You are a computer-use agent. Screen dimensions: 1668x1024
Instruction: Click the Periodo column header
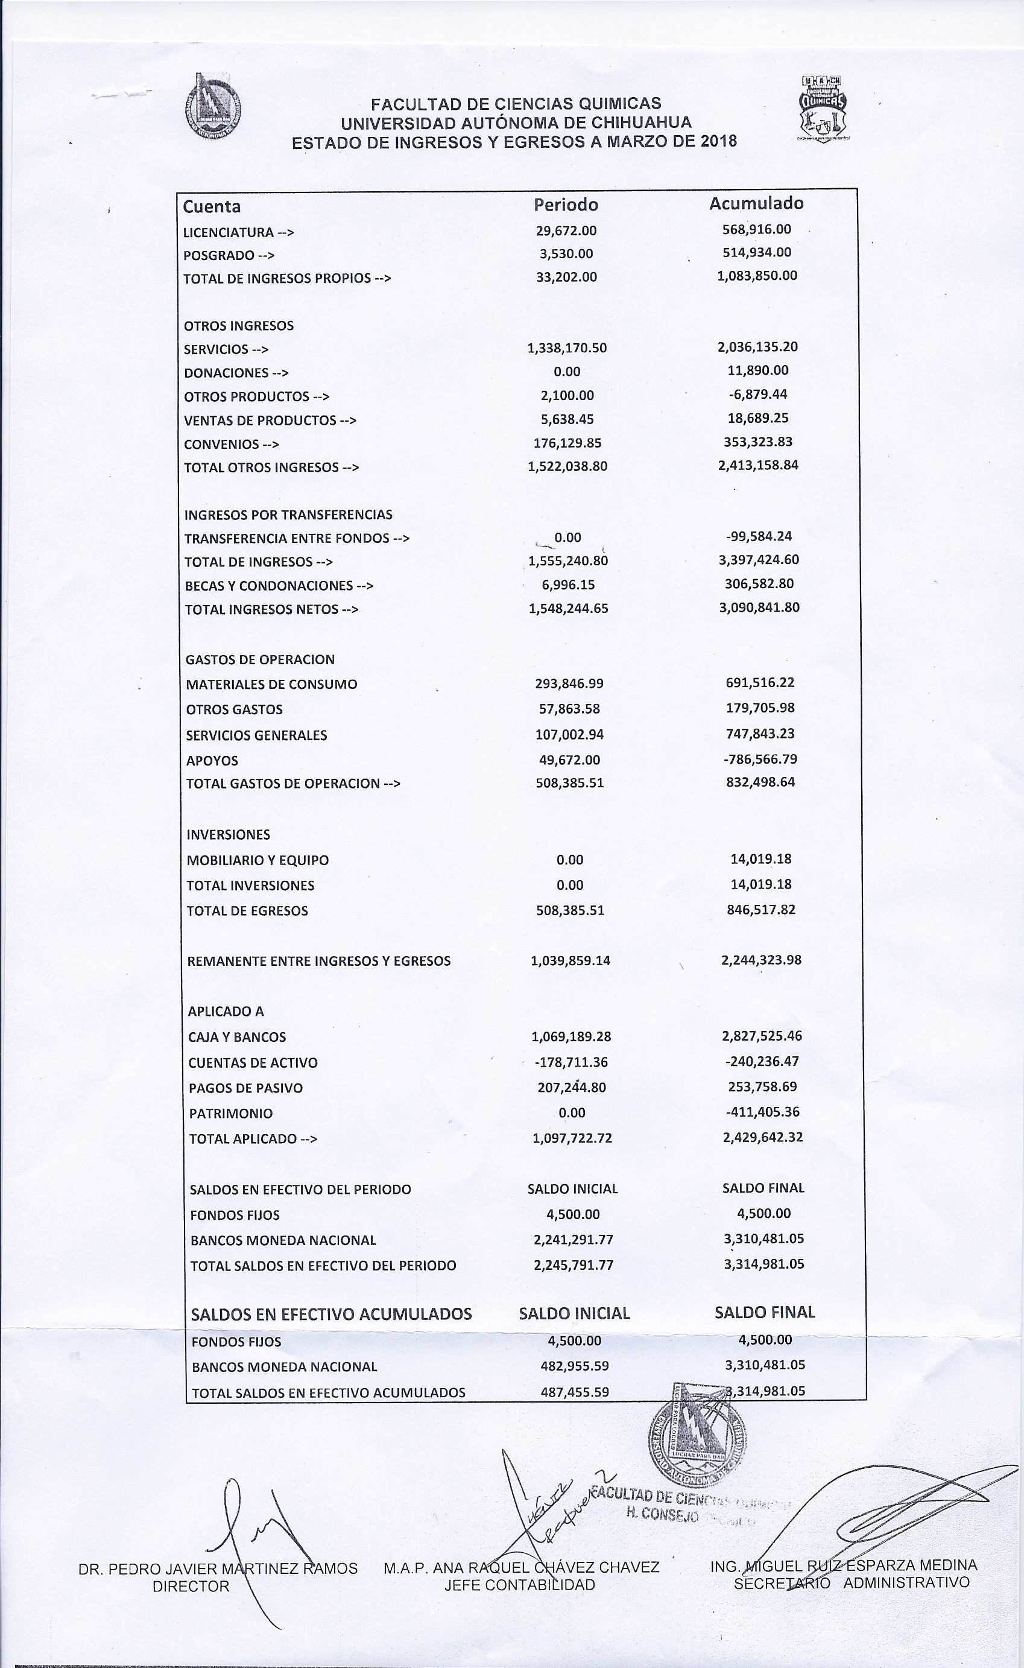(566, 205)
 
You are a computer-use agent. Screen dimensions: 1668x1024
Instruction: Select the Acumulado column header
(756, 203)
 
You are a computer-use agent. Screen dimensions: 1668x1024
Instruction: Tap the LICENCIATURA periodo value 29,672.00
(566, 231)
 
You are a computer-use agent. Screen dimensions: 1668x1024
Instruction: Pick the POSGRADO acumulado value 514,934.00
(756, 253)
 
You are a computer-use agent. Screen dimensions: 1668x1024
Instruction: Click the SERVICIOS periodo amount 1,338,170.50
(567, 348)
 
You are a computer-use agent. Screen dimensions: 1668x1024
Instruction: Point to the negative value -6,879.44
(758, 395)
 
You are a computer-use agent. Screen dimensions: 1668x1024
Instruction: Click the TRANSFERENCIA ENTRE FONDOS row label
(297, 539)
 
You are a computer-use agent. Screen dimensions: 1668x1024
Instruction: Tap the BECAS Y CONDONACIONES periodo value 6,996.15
(568, 585)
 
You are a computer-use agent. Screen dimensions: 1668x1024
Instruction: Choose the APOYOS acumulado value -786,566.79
(760, 759)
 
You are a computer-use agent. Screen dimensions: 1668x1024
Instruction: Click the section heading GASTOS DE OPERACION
(260, 660)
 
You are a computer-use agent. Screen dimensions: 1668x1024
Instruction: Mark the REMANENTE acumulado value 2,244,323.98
(761, 960)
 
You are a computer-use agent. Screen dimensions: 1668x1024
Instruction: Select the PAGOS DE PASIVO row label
(245, 1088)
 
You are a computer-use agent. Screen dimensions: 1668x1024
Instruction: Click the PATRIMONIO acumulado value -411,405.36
(762, 1112)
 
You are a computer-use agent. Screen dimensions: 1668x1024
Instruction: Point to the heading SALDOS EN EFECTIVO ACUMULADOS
(331, 1314)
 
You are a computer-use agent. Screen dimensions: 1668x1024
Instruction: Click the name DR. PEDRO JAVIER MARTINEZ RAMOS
(217, 1568)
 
